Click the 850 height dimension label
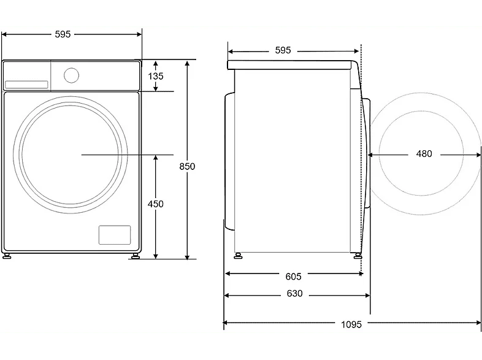[x=187, y=166]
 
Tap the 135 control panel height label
[x=156, y=76]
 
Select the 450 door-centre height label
[x=156, y=204]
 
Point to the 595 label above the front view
[x=63, y=34]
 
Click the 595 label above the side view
[x=283, y=50]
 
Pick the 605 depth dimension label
[x=293, y=277]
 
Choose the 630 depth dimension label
[x=294, y=294]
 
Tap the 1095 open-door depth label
[x=351, y=324]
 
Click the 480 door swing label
[x=424, y=154]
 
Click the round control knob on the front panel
[x=71, y=75]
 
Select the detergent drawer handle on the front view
[x=26, y=85]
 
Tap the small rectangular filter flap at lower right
[x=115, y=235]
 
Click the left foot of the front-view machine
[x=7, y=256]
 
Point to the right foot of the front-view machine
[x=135, y=256]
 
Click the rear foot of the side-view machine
[x=238, y=256]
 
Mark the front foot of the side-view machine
[x=357, y=256]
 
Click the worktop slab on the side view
[x=289, y=65]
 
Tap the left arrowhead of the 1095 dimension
[x=225, y=323]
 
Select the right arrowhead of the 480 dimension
[x=478, y=155]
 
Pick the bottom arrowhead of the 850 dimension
[x=187, y=257]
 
